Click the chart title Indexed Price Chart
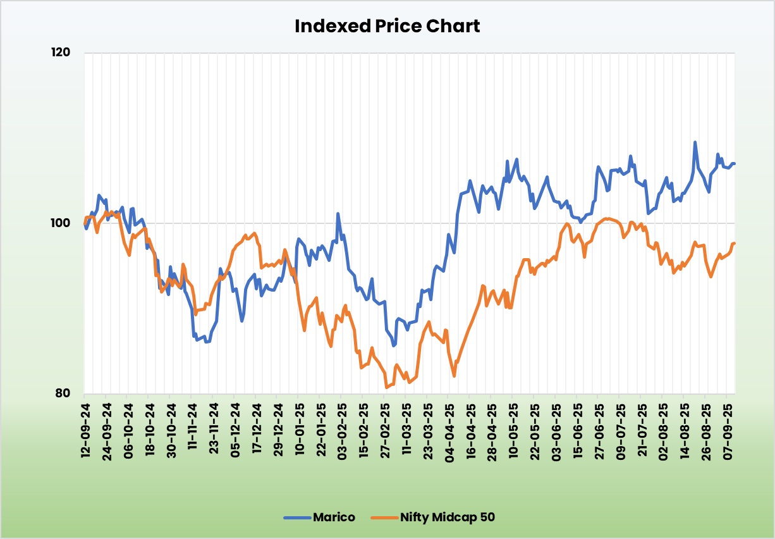tap(387, 27)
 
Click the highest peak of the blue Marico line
tap(695, 142)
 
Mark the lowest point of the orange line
tap(386, 387)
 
